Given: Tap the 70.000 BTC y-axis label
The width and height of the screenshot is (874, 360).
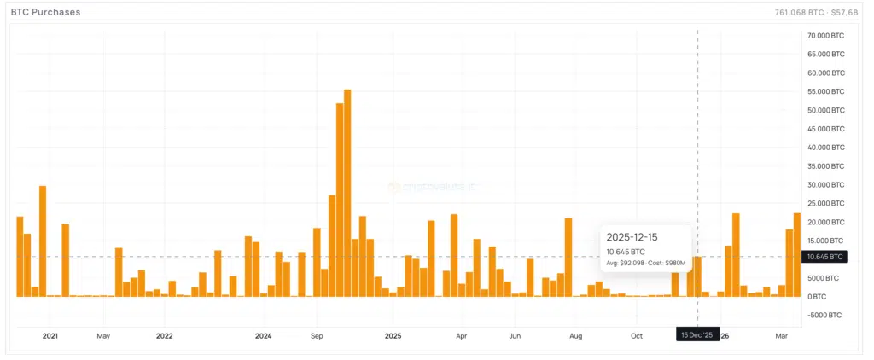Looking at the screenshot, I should [x=824, y=36].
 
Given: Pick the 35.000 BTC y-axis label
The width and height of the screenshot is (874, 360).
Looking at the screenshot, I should [x=824, y=166].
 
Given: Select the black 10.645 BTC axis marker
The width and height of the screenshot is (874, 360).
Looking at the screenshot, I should [x=824, y=256].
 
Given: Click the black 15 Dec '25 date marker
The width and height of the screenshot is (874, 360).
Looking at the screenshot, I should [x=697, y=335].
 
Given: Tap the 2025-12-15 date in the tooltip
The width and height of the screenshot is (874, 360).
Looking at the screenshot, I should [x=632, y=236].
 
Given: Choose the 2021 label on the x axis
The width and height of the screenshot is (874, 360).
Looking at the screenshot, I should [x=50, y=335].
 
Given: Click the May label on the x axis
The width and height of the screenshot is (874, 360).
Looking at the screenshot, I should [x=103, y=335].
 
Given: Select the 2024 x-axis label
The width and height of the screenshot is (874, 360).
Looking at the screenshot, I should [x=263, y=335].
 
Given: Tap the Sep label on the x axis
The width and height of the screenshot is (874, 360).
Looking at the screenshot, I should [x=317, y=335].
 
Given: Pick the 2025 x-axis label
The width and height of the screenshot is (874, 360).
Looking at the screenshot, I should [x=393, y=335].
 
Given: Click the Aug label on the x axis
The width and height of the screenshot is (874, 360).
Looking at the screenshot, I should [x=576, y=335].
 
